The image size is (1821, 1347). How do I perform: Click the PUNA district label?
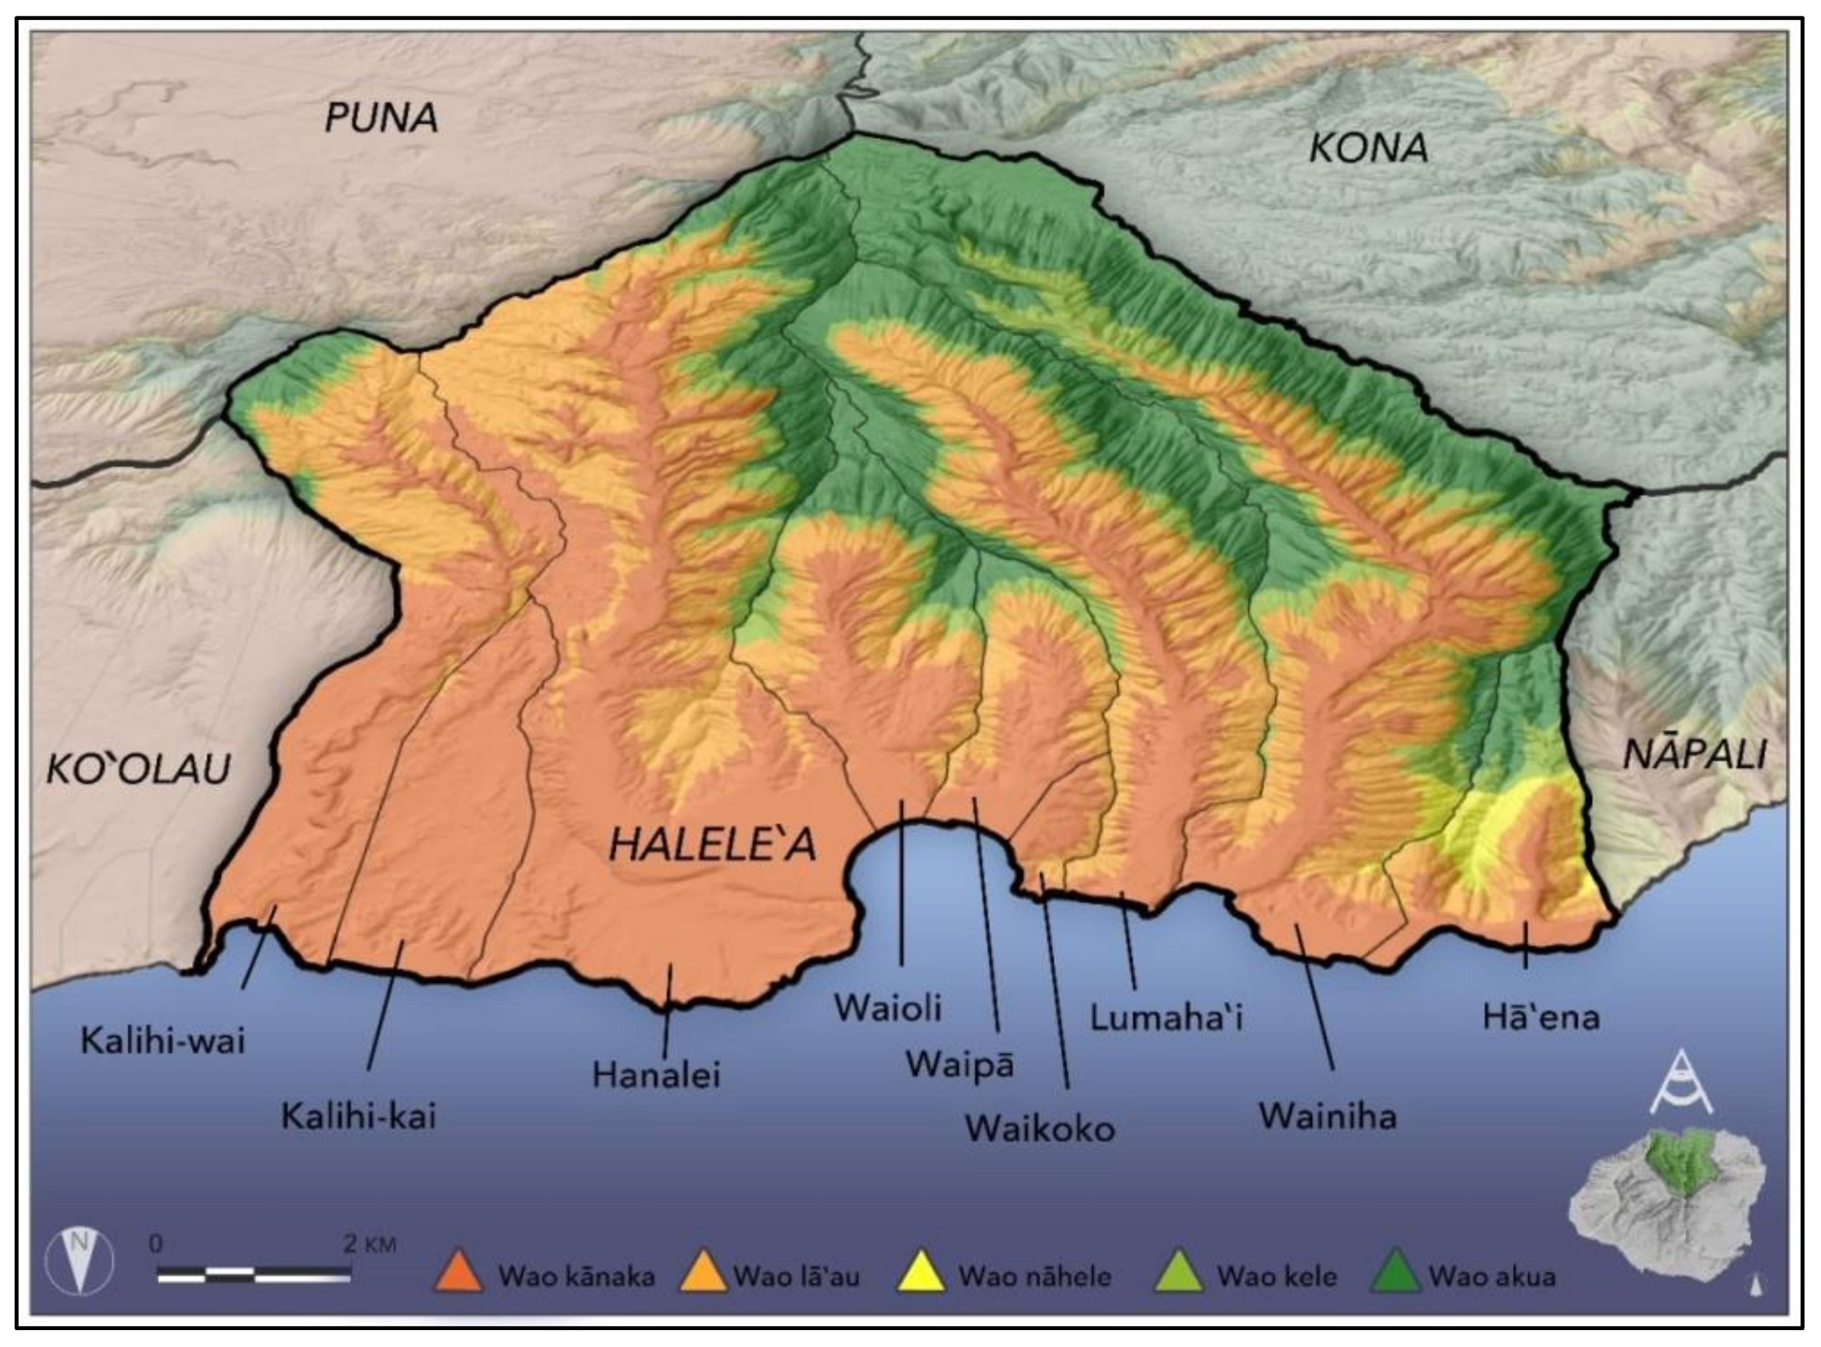(381, 119)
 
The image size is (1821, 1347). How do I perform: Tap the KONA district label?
(1369, 147)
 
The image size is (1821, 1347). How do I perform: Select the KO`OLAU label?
(139, 769)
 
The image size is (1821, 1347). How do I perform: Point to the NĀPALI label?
(1695, 754)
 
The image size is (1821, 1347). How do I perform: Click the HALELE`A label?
(712, 845)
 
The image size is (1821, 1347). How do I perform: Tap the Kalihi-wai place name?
(163, 1041)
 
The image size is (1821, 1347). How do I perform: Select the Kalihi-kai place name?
(359, 1116)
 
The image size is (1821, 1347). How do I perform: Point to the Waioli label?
(888, 1008)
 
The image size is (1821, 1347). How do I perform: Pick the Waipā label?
(960, 1065)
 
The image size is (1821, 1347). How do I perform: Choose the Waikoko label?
(1040, 1129)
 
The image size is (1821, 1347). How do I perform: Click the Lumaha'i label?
(1166, 1018)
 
